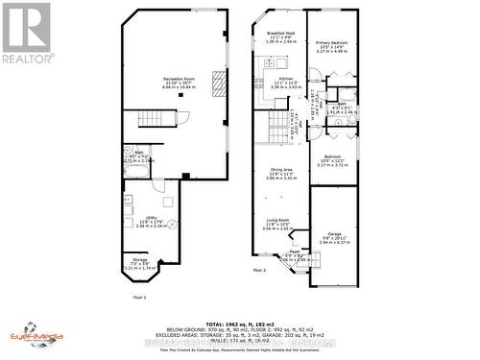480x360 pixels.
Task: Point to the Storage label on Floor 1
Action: (x=138, y=263)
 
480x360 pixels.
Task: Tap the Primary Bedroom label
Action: (x=334, y=44)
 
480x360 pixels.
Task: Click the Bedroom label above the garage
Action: (x=333, y=162)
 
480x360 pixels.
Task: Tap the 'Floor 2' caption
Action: (x=259, y=271)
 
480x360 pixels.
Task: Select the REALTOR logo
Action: (x=26, y=33)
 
